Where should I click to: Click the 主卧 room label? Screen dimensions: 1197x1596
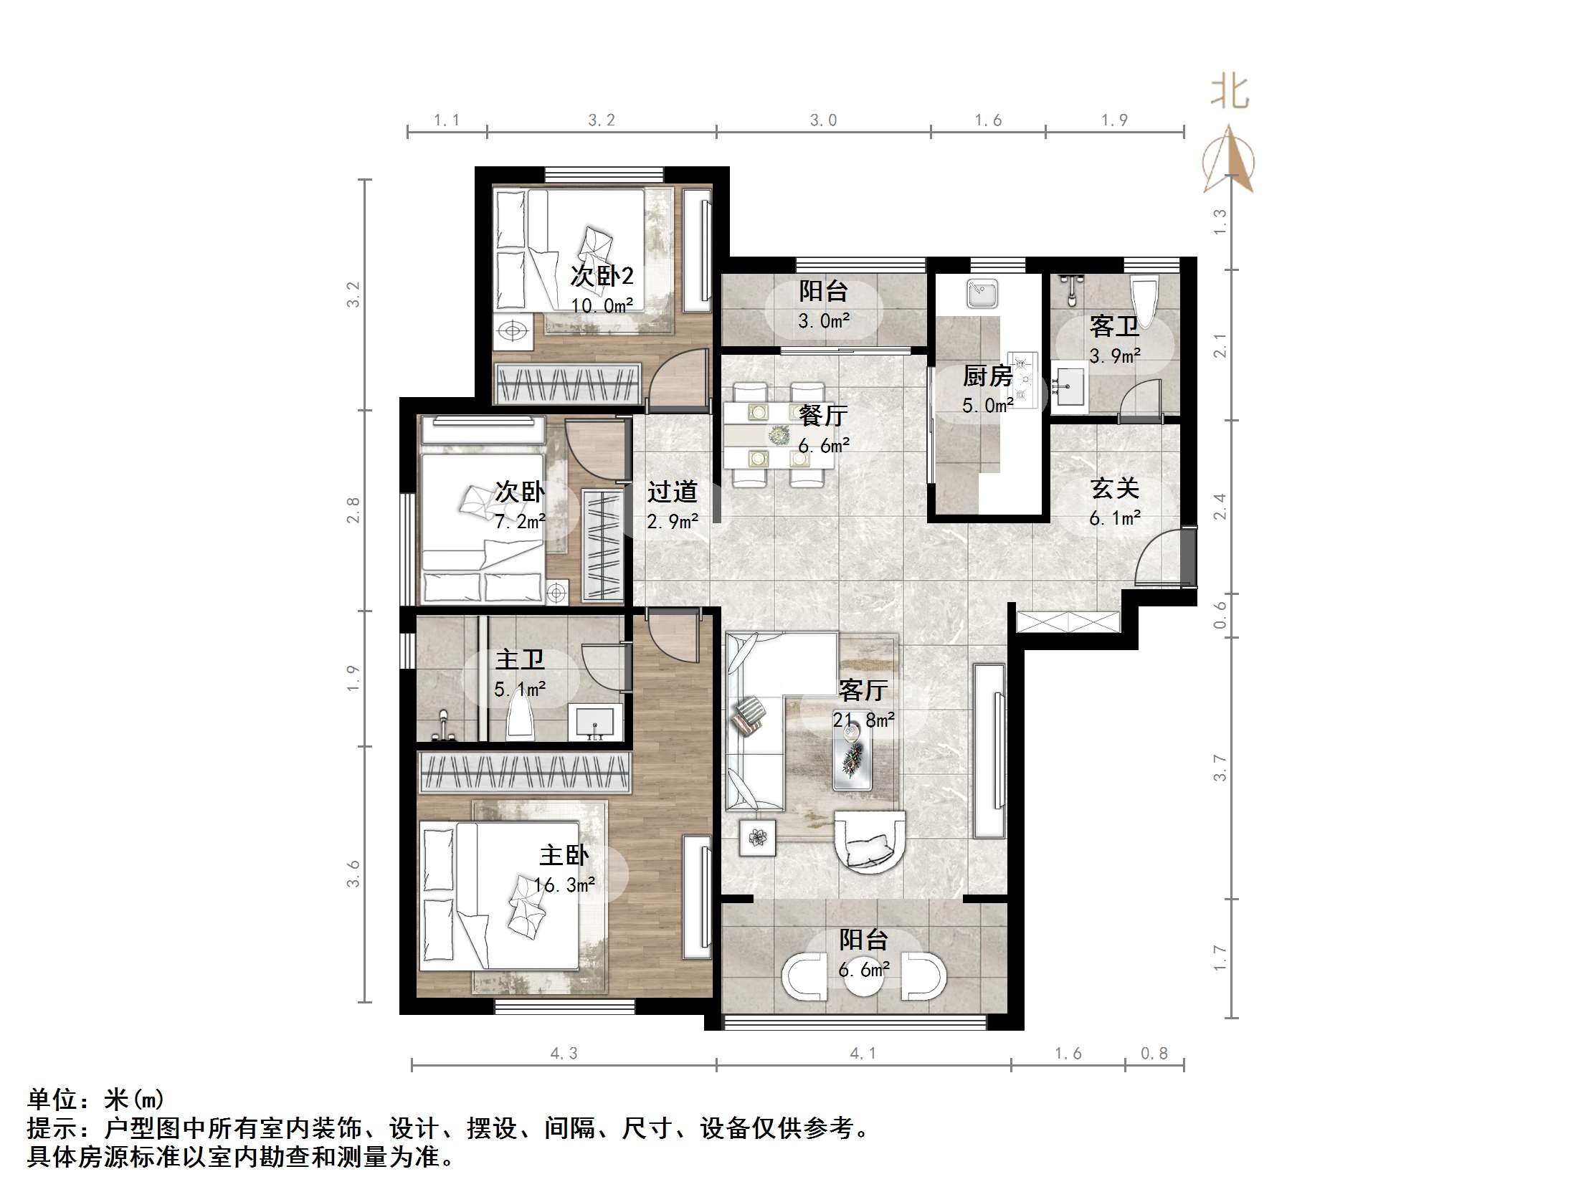[x=564, y=856]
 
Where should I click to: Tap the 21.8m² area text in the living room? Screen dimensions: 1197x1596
[x=864, y=720]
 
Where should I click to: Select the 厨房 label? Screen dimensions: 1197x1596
[x=987, y=376]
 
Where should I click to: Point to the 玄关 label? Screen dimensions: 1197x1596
[x=1114, y=488]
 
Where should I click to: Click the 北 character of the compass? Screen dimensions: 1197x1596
[x=1229, y=93]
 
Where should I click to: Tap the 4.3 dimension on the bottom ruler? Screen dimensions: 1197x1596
[x=564, y=1054]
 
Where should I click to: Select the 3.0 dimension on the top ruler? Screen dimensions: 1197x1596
[x=822, y=120]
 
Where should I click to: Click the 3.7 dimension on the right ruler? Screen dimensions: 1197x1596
[x=1220, y=768]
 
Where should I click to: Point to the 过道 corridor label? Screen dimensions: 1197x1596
[x=672, y=492]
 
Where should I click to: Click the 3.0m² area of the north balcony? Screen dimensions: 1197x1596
[x=823, y=321]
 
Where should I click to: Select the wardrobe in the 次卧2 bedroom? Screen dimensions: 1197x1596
[x=567, y=384]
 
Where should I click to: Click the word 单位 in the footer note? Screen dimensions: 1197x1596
[x=52, y=1100]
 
